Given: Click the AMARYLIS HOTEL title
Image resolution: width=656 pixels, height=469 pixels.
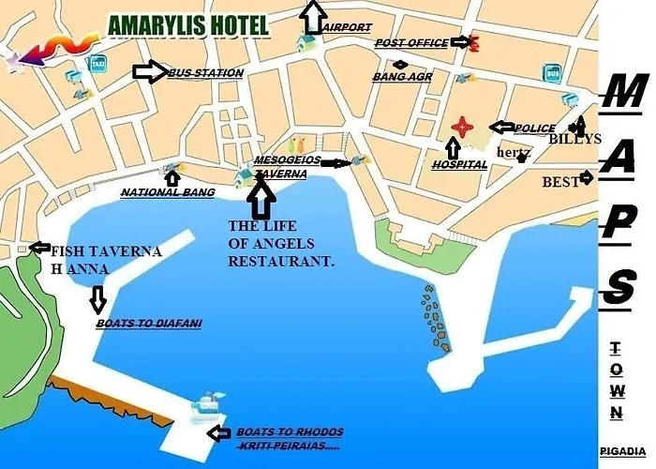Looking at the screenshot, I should pyautogui.click(x=188, y=25).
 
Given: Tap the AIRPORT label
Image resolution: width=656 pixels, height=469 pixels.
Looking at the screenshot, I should pyautogui.click(x=347, y=28).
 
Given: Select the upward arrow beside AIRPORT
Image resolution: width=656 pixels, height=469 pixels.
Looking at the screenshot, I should pyautogui.click(x=313, y=15).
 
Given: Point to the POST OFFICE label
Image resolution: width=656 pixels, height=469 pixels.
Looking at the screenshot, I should pyautogui.click(x=410, y=43).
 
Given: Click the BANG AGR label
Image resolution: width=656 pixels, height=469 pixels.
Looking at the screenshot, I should pyautogui.click(x=402, y=77).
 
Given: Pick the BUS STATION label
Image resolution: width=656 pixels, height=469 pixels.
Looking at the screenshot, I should pyautogui.click(x=205, y=72).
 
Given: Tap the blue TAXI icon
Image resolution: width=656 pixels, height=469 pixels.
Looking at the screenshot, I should pyautogui.click(x=97, y=64).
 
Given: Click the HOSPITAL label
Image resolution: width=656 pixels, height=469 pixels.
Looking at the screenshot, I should pyautogui.click(x=459, y=165).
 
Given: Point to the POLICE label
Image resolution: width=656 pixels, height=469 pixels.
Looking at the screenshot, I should pyautogui.click(x=535, y=129).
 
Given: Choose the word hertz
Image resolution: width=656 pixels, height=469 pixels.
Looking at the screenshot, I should pyautogui.click(x=514, y=152).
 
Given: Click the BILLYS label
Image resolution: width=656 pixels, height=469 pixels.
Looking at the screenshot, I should pyautogui.click(x=574, y=139).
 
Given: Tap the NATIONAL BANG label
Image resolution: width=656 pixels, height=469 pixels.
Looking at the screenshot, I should pyautogui.click(x=168, y=192).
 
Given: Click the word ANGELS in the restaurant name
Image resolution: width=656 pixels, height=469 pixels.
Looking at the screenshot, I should pyautogui.click(x=282, y=244).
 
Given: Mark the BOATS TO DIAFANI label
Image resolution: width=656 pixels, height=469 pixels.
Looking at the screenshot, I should pyautogui.click(x=149, y=324).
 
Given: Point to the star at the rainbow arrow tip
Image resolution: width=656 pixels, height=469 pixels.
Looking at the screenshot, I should pyautogui.click(x=13, y=63).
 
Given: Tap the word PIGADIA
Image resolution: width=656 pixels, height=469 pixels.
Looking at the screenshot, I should pyautogui.click(x=623, y=451).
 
